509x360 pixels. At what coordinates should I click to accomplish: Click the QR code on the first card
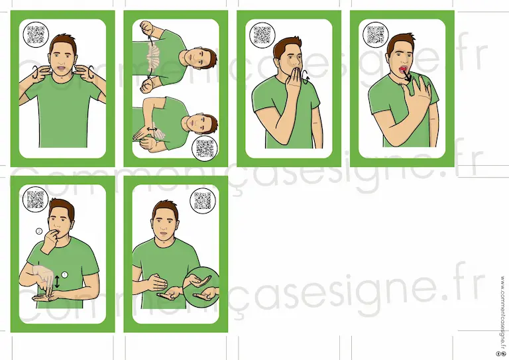point(36,34)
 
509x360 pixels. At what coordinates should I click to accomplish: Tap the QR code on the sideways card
point(205,149)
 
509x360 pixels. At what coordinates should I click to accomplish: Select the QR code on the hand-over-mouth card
point(262,34)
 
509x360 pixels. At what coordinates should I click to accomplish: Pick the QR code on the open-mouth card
point(376,34)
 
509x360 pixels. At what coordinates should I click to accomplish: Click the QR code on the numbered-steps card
point(35,200)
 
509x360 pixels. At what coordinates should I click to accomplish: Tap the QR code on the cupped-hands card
point(203,201)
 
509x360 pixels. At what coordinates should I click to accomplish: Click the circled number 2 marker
point(39,231)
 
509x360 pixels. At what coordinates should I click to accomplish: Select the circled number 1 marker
point(64,275)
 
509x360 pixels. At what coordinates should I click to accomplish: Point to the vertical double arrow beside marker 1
point(57,282)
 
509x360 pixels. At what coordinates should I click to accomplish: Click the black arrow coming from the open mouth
point(407,76)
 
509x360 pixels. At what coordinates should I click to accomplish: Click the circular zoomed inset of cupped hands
point(201,285)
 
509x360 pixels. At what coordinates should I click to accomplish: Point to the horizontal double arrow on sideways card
point(152,129)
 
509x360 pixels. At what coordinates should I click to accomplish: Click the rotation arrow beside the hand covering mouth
point(306,78)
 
